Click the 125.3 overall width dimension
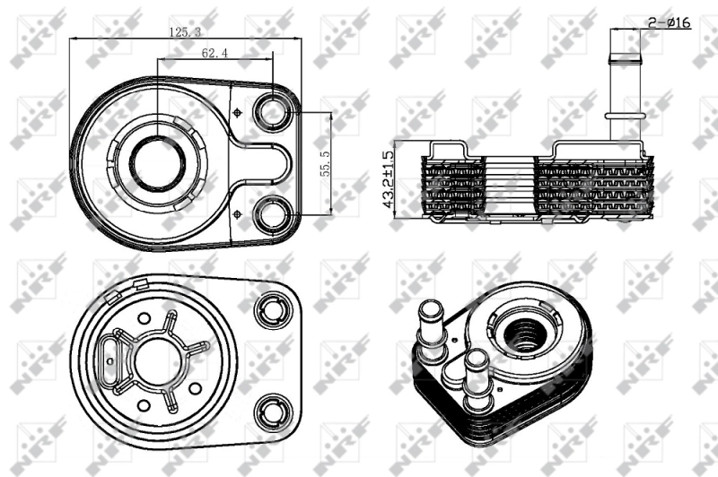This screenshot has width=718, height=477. coord(184,31)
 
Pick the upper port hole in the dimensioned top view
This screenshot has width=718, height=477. coord(271,111)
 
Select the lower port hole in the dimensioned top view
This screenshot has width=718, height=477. coord(271,214)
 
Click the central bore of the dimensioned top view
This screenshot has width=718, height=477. coord(157,162)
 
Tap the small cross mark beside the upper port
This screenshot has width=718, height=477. coord(237,112)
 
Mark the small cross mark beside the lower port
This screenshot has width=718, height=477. coord(237,212)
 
